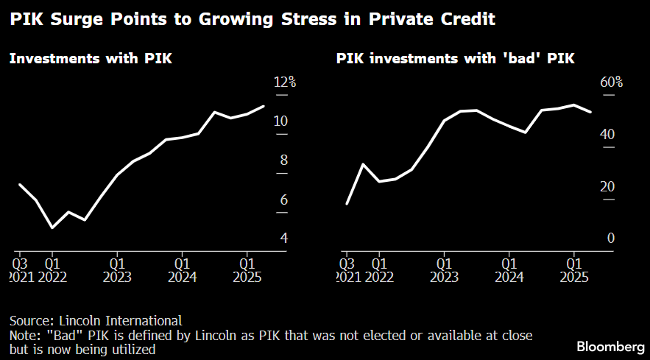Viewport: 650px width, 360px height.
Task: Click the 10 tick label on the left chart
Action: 280,121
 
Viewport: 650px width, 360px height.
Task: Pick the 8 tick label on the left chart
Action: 284,160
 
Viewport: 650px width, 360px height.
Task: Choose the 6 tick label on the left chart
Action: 284,200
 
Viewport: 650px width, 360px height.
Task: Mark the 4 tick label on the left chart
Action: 284,239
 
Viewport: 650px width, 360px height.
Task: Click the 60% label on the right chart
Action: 611,82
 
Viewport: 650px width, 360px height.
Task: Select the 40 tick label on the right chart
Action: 607,135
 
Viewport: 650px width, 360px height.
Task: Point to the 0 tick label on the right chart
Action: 610,239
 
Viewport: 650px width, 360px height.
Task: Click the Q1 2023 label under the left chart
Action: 117,269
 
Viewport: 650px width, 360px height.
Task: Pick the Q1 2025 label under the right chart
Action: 574,269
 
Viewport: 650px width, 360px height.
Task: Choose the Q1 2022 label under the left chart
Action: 52,269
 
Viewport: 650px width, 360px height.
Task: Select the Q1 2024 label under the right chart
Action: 509,269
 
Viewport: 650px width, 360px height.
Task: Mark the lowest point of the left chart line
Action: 52,228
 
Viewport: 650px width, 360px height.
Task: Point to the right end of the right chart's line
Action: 591,112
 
